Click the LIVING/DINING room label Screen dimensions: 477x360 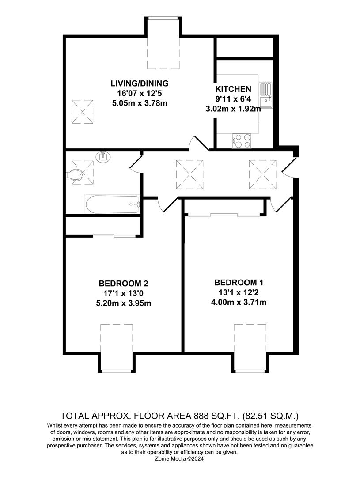point(139,83)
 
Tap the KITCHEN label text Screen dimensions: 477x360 point(233,89)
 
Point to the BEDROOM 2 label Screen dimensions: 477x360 point(126,283)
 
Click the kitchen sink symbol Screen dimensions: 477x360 point(266,95)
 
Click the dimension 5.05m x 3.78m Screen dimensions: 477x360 point(139,103)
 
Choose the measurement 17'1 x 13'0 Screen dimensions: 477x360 point(126,293)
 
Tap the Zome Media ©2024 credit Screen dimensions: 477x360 point(180,459)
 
